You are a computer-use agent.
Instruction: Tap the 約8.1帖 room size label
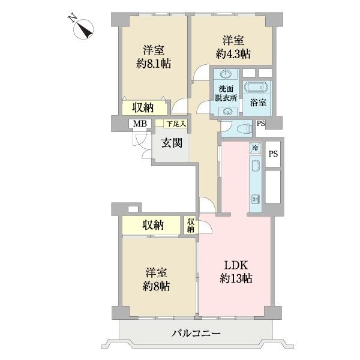[154, 62]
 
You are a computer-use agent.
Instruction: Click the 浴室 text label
[259, 104]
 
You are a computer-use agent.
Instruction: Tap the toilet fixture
[242, 128]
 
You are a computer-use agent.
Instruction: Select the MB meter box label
[140, 124]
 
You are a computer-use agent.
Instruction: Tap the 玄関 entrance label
[172, 143]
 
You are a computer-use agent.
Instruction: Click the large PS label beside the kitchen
[273, 154]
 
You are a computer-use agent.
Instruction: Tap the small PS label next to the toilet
[260, 124]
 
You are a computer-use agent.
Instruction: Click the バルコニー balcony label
[196, 333]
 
